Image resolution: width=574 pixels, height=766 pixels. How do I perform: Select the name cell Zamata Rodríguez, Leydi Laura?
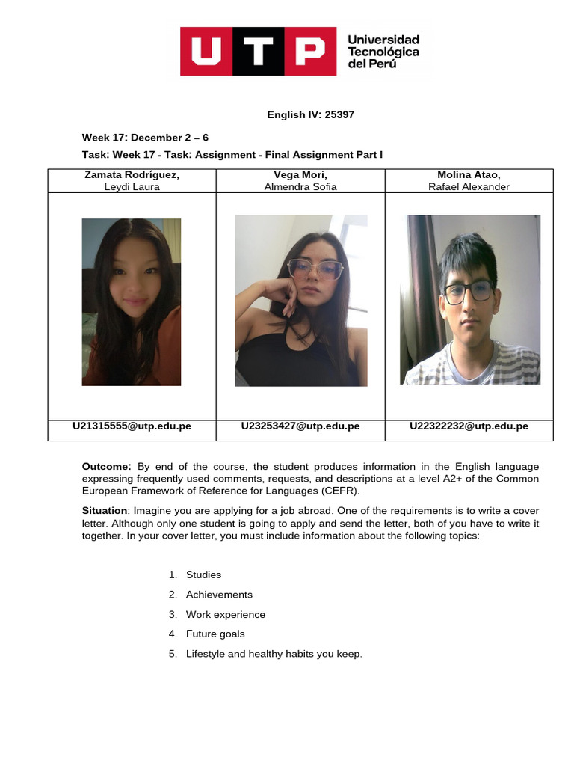click(x=132, y=180)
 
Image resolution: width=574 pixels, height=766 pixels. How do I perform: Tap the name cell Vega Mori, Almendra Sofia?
click(x=300, y=180)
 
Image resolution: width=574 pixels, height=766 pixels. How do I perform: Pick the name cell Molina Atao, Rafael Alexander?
click(x=469, y=180)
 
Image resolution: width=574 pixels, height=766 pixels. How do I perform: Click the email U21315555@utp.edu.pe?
click(x=132, y=426)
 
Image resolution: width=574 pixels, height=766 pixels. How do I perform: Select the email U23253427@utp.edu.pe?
click(x=300, y=426)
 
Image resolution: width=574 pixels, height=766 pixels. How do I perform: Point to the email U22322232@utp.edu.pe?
click(x=469, y=426)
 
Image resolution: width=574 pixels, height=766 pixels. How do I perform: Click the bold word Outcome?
click(x=106, y=467)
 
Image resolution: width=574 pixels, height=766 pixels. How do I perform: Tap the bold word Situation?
click(x=105, y=511)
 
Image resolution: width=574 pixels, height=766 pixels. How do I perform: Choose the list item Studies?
click(x=203, y=574)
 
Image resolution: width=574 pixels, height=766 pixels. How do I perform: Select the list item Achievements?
click(x=219, y=595)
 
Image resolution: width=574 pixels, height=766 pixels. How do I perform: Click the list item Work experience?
click(x=226, y=614)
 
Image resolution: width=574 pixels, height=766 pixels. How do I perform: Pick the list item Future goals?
click(x=215, y=634)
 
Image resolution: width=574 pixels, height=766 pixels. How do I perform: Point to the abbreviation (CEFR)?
click(x=339, y=491)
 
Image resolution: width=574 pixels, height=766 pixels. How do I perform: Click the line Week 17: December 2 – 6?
click(x=145, y=138)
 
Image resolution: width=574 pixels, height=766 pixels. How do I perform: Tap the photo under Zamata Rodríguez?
click(x=132, y=302)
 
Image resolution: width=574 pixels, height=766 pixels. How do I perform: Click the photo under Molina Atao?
click(x=470, y=300)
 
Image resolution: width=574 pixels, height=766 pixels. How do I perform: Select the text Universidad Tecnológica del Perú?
click(x=383, y=52)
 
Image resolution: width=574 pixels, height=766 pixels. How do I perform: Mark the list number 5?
click(x=173, y=654)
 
